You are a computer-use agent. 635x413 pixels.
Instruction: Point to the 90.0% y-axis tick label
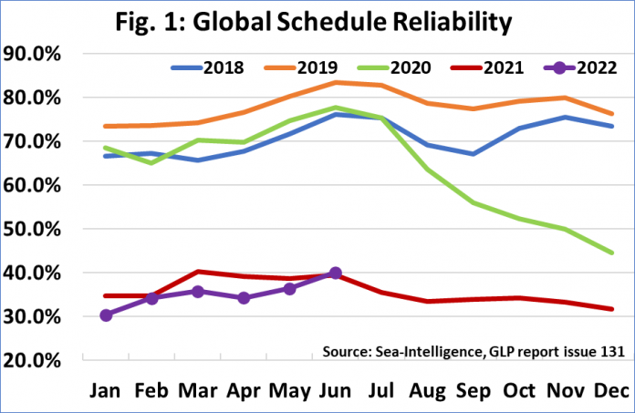(x=32, y=54)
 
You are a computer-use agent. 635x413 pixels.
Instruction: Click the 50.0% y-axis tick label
(x=32, y=229)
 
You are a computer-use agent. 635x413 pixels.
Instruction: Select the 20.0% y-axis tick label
(x=32, y=360)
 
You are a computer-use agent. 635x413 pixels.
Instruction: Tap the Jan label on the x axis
(x=106, y=390)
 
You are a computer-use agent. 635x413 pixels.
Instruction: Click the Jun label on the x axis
(x=335, y=390)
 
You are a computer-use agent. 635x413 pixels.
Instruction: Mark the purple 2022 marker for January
(x=106, y=315)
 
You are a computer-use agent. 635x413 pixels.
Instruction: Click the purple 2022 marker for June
(x=335, y=273)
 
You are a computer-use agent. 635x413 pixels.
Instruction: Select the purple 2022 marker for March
(x=197, y=292)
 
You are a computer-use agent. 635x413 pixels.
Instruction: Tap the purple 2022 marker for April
(x=243, y=298)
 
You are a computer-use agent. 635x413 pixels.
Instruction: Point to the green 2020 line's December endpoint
(x=610, y=253)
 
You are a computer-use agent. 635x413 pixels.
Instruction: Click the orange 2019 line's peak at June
(x=335, y=82)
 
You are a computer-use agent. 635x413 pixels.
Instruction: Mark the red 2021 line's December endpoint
(x=610, y=309)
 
